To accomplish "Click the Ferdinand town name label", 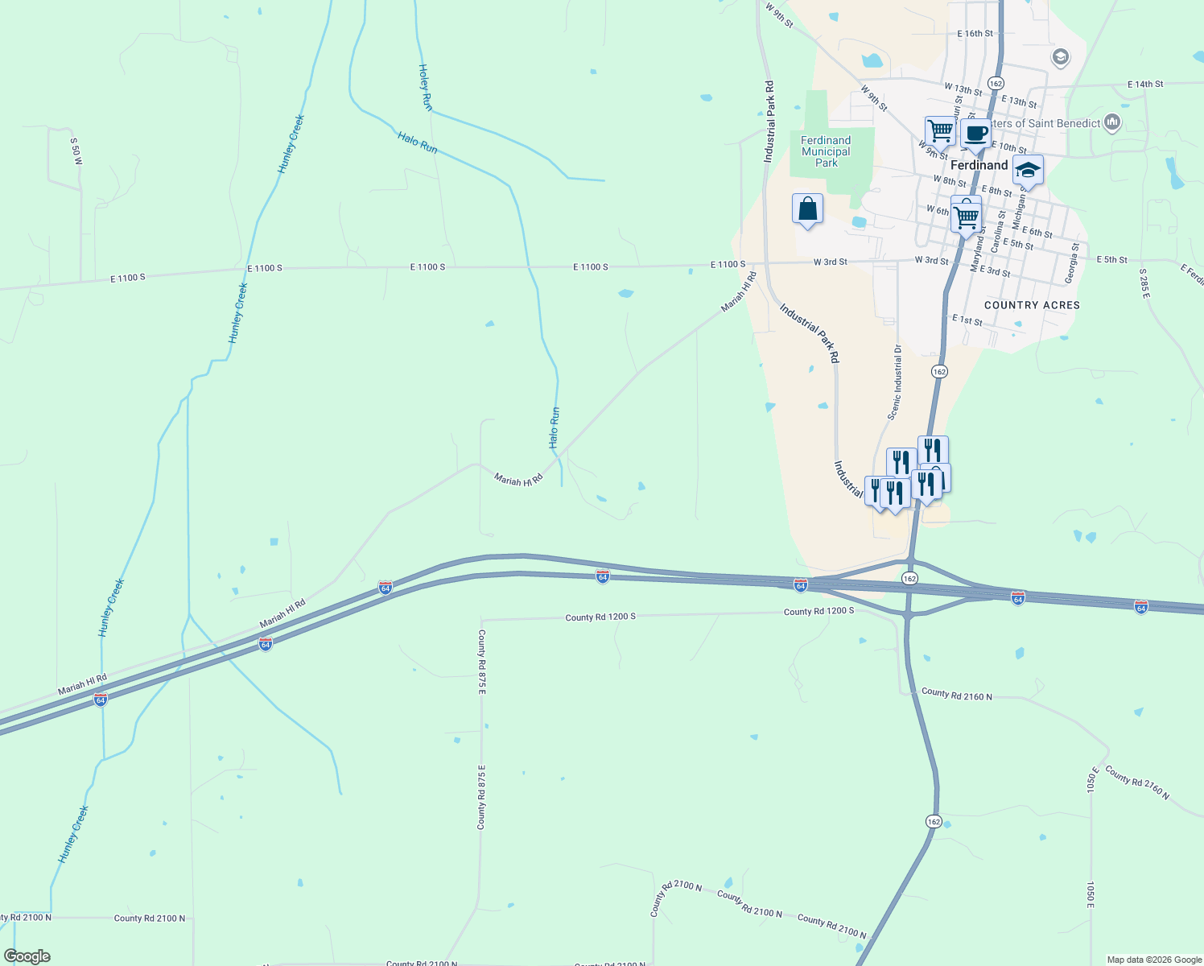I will (979, 165).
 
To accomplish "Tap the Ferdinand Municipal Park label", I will (826, 151).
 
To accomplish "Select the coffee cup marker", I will (975, 134).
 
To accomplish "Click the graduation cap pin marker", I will (1028, 171).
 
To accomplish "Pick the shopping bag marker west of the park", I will (807, 209).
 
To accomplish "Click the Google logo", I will (27, 956).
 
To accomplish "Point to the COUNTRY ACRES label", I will (1032, 305).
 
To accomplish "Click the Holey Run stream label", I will (425, 87).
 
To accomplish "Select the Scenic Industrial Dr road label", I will (895, 382).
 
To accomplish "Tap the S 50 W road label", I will (76, 151).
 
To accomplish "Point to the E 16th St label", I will (975, 34).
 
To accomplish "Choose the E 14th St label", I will (1145, 84).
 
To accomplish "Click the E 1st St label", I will (967, 320).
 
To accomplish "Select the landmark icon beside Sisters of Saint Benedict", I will (1113, 122).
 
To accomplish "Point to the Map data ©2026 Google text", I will (1154, 960).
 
